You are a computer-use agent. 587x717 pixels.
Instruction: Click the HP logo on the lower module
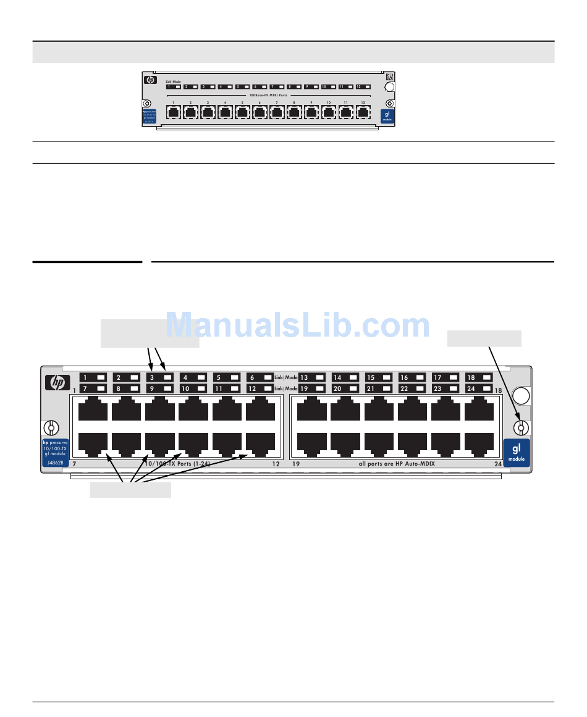[x=57, y=383]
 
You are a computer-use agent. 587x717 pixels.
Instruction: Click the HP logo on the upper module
[x=150, y=80]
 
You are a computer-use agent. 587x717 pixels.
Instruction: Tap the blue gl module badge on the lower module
[x=517, y=452]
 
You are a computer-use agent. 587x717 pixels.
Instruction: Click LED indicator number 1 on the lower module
[x=93, y=377]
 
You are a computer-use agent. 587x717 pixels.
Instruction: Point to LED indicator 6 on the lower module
[x=260, y=377]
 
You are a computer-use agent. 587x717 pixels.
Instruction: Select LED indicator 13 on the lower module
[x=312, y=377]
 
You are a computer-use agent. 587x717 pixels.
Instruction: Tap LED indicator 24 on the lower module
[x=479, y=388]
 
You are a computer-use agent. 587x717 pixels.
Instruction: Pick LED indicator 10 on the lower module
[x=193, y=388]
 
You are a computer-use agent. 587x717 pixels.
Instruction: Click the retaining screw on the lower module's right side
[x=520, y=427]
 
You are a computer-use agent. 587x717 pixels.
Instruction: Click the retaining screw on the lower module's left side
[x=51, y=427]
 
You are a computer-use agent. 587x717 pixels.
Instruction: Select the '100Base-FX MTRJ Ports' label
[x=268, y=95]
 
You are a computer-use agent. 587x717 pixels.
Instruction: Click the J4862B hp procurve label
[x=54, y=452]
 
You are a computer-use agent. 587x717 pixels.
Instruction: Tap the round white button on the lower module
[x=521, y=396]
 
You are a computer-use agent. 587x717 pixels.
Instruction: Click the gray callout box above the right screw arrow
[x=484, y=338]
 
